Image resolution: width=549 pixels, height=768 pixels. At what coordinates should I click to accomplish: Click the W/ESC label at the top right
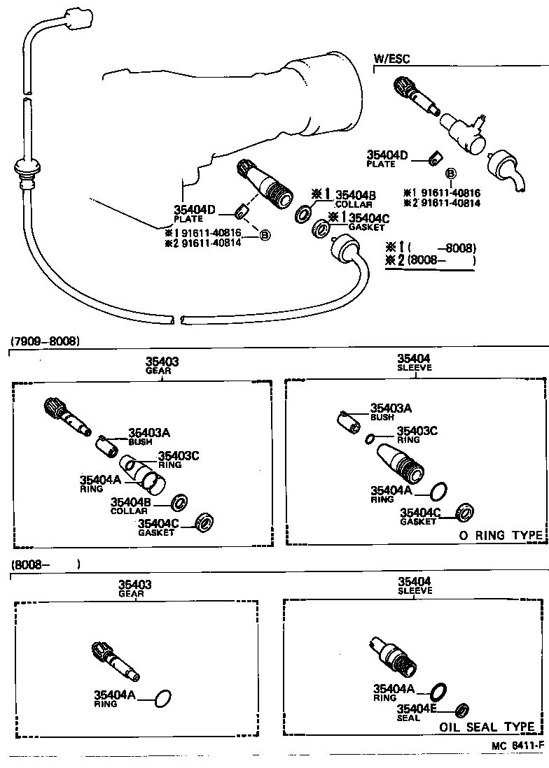click(x=391, y=59)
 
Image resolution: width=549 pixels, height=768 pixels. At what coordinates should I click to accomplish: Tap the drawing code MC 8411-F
click(x=517, y=746)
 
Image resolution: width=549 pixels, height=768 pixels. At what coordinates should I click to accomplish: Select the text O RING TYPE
click(x=501, y=535)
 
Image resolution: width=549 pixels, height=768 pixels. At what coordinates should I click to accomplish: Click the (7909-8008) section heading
click(x=46, y=341)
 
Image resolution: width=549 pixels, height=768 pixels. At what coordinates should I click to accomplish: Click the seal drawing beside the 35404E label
click(x=461, y=711)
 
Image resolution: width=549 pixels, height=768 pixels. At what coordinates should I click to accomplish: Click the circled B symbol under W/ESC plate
click(x=451, y=173)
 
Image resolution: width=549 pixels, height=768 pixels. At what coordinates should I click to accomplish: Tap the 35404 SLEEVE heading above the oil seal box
click(x=414, y=585)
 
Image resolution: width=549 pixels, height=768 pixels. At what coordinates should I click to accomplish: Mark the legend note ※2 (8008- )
click(x=431, y=261)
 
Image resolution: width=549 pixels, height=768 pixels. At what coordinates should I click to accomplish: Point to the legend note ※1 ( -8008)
click(x=431, y=248)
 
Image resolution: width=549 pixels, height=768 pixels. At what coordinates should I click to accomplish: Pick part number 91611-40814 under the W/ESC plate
click(x=447, y=203)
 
